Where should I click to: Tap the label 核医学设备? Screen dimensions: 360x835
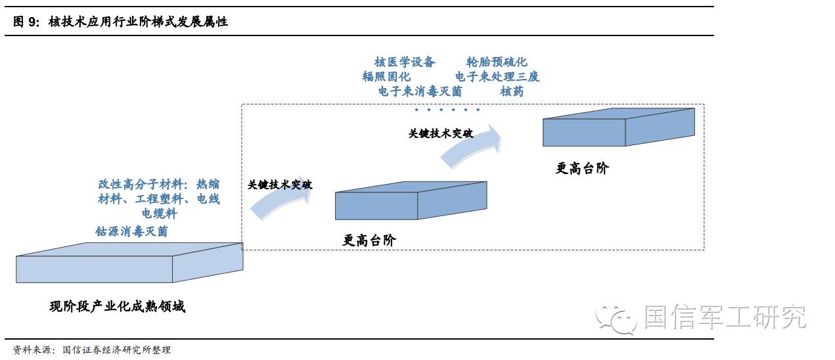pos(405,62)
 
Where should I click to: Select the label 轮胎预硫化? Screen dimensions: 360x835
pos(497,62)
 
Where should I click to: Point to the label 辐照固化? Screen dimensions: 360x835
pos(386,77)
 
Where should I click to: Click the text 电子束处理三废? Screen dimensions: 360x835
pos(497,77)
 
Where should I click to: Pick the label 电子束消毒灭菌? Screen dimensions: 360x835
pos(420,91)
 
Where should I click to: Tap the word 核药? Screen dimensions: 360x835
pos(512,91)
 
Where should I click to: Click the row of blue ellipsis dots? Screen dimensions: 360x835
pos(447,110)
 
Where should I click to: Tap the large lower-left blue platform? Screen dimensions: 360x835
pos(129,263)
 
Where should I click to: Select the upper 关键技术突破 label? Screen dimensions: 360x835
pos(440,133)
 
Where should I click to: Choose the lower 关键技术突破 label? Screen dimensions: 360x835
pos(280,185)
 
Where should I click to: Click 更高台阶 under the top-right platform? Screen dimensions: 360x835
pos(582,168)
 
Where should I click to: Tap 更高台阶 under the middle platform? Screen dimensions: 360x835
pos(369,240)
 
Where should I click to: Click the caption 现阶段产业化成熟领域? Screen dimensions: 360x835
pos(117,306)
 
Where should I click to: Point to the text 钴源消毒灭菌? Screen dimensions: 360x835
pos(131,231)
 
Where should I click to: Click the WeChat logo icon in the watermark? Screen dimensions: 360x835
pos(616,318)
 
